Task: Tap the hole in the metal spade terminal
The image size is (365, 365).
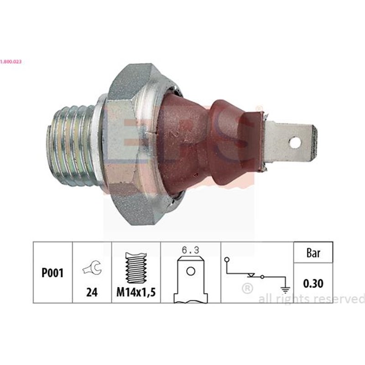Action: click(x=296, y=143)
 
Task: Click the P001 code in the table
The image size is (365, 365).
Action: click(x=53, y=273)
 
